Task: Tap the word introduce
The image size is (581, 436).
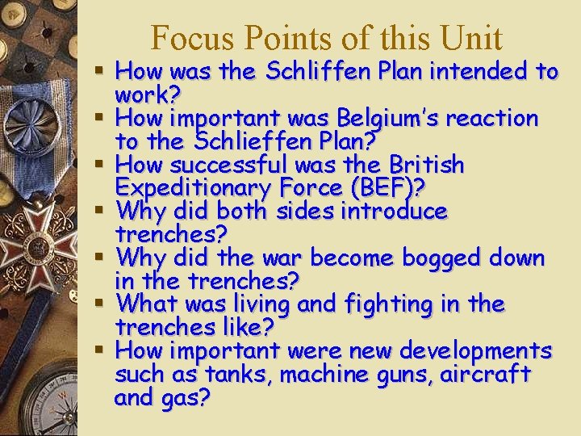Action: point(394,212)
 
